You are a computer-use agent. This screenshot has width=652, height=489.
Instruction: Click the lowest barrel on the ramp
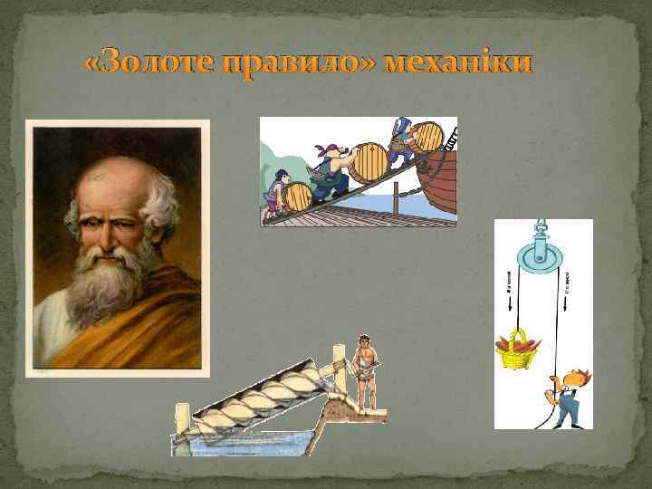296,197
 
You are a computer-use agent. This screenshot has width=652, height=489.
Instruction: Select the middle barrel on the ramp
368,161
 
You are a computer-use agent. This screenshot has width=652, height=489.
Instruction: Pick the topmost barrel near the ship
427,136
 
